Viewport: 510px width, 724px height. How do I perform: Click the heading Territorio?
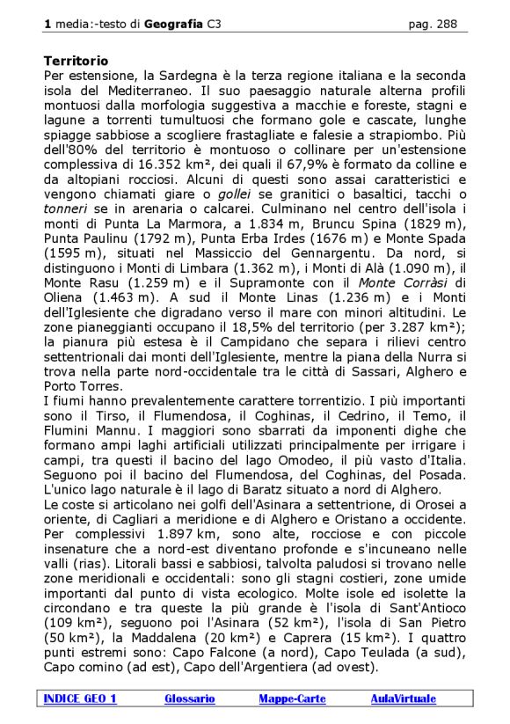(x=76, y=62)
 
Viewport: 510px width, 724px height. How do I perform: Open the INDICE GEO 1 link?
(x=80, y=698)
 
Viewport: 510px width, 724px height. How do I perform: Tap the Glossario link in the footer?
(x=189, y=698)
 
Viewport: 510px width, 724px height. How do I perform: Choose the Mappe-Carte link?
(x=292, y=698)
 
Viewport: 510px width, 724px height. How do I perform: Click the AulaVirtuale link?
(x=403, y=698)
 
